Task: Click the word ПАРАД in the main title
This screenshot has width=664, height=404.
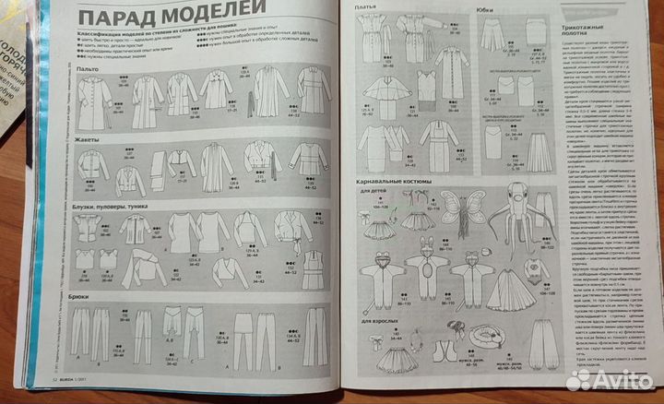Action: click(x=117, y=18)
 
